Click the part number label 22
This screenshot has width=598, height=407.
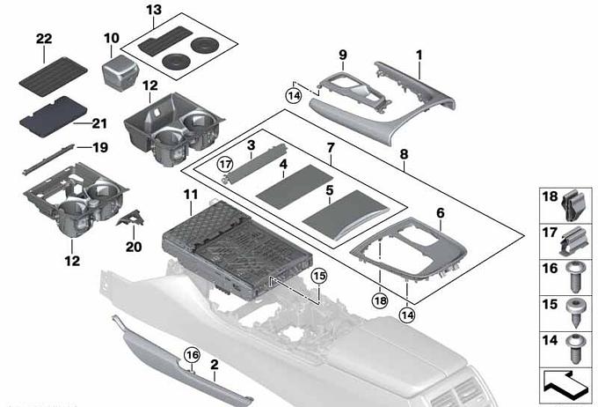coord(44,39)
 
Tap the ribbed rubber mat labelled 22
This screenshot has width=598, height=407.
coord(53,77)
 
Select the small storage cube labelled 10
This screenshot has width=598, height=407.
coord(120,72)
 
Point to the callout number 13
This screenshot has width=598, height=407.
coord(154,10)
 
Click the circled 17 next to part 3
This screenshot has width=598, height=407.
coord(224,165)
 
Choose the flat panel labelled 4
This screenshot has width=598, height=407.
coord(294,187)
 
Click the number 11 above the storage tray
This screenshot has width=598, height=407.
coord(191,194)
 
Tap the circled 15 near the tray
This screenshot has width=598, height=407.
coord(319,276)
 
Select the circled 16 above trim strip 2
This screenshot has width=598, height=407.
coord(192,355)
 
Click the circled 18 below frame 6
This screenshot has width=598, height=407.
coord(380,300)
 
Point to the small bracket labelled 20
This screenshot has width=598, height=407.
coord(132,218)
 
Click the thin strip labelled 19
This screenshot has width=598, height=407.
coord(47,159)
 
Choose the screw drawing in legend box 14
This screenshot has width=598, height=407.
coord(575,349)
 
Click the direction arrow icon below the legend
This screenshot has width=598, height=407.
coord(565,385)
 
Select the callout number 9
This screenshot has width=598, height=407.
coord(343,55)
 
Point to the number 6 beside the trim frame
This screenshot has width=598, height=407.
coord(441,213)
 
